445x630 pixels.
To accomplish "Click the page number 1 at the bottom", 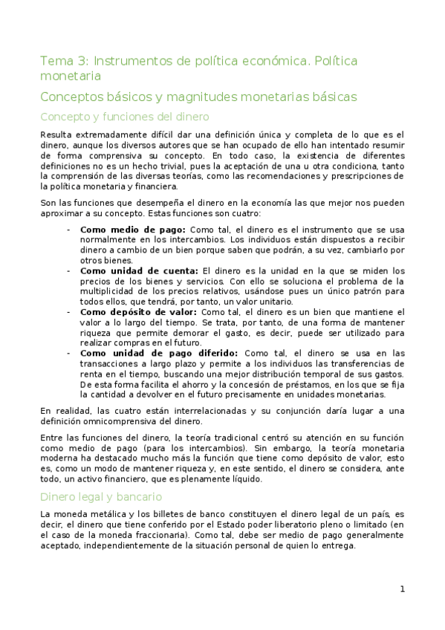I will click(402, 589).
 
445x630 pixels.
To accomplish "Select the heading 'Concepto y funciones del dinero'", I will click(124, 117).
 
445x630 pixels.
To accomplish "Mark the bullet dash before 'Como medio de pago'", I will click(69, 230).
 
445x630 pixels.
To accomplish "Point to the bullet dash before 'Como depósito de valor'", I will click(69, 313).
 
